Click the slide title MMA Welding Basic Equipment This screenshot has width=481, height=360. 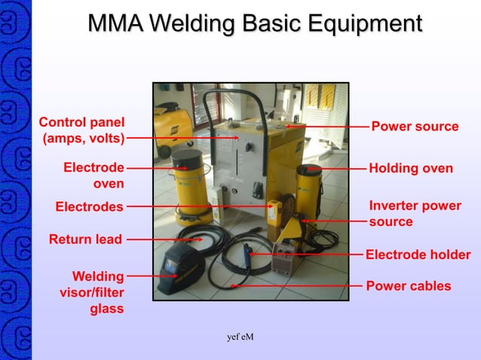254,23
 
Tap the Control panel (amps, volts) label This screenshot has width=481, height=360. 82,130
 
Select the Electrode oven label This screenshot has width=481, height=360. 93,175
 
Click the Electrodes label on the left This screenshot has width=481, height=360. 89,206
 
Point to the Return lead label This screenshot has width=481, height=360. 85,239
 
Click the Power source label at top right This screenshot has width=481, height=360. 415,126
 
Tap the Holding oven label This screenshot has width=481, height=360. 411,169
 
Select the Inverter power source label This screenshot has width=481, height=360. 415,213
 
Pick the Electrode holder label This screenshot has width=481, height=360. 418,255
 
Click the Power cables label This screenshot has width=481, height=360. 408,285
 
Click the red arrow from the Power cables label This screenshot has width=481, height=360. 294,286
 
